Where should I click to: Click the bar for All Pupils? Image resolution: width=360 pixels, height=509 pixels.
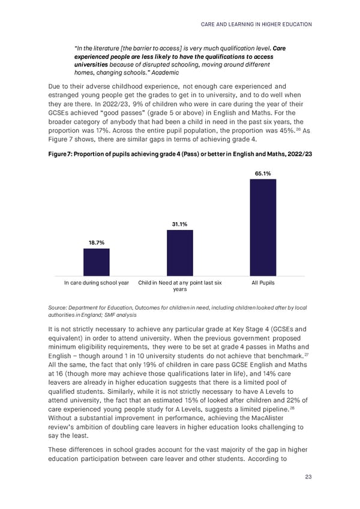263,227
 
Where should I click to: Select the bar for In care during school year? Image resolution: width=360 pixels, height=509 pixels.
97,262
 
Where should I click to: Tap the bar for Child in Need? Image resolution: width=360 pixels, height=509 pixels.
180,252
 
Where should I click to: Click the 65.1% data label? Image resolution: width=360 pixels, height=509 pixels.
263,173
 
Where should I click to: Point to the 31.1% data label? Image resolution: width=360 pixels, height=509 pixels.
180,224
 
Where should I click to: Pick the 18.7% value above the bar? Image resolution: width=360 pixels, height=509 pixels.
97,242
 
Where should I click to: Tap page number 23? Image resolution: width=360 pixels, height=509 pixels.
308,477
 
